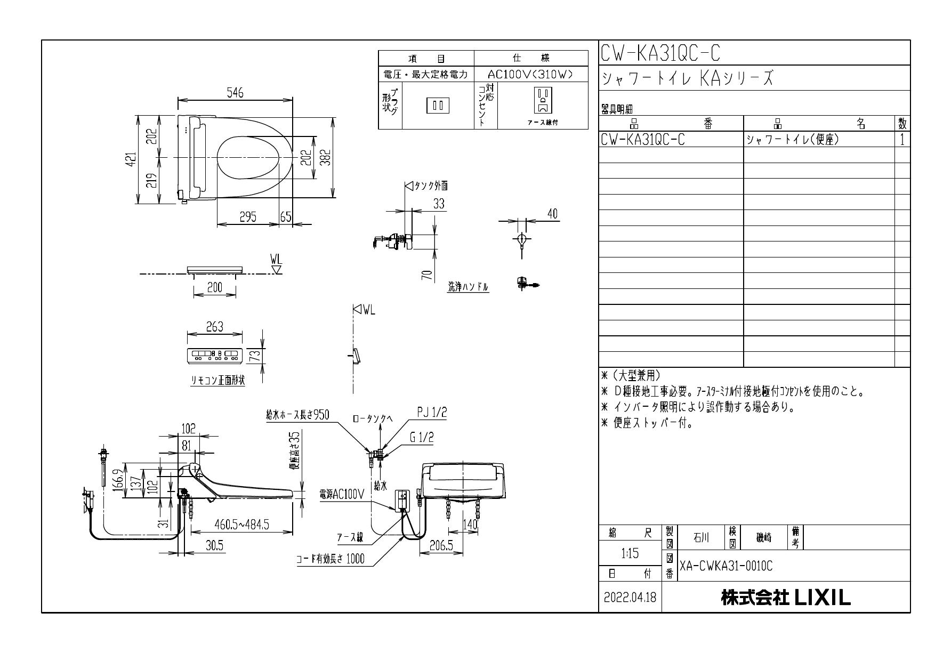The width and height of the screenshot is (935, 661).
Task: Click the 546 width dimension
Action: click(x=235, y=93)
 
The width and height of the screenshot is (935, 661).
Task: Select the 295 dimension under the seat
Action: click(x=247, y=216)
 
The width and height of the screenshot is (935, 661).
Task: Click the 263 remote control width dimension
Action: click(x=214, y=327)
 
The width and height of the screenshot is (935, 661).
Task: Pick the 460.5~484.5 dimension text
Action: click(x=241, y=525)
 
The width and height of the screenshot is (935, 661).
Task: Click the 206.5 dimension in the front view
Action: click(x=441, y=546)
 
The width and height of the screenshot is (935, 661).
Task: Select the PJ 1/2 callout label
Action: click(x=432, y=413)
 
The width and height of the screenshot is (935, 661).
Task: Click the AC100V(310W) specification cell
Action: click(x=530, y=75)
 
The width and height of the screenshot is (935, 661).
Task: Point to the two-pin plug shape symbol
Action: click(x=438, y=106)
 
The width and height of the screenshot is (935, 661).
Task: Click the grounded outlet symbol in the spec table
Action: click(x=543, y=101)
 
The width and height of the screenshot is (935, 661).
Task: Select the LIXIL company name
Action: click(x=786, y=598)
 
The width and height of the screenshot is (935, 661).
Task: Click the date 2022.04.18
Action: click(x=630, y=598)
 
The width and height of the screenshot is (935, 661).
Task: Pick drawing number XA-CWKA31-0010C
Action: click(x=726, y=566)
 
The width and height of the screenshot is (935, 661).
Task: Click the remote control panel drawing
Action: click(x=214, y=354)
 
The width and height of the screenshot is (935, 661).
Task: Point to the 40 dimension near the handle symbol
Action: click(x=552, y=214)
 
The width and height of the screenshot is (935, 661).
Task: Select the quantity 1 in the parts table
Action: click(x=902, y=139)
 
